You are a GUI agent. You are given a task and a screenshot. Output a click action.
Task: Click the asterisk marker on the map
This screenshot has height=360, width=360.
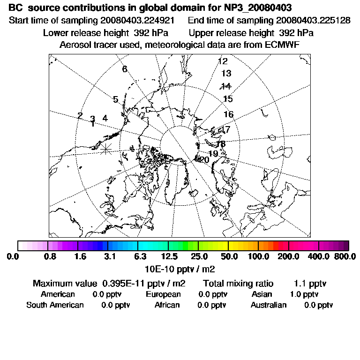click(106, 148)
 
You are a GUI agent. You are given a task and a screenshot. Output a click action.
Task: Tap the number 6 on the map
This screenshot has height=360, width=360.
click(125, 69)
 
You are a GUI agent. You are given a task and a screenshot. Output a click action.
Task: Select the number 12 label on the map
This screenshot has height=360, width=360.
click(223, 61)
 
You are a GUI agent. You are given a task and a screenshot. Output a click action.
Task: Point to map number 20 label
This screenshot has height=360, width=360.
click(204, 160)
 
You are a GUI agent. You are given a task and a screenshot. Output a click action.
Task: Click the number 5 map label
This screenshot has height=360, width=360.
click(115, 99)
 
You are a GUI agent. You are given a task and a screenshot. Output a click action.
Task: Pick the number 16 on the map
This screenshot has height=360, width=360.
click(228, 114)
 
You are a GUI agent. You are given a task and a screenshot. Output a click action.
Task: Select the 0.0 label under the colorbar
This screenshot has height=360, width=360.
click(13, 256)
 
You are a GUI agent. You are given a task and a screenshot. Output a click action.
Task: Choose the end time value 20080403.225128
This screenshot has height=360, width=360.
click(313, 21)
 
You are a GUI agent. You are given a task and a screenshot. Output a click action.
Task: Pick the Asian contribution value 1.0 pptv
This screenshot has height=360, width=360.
click(304, 294)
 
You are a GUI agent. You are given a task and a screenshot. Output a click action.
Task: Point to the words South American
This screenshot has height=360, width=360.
click(55, 305)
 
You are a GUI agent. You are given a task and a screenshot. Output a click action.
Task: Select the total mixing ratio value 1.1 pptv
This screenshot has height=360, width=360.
click(310, 284)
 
